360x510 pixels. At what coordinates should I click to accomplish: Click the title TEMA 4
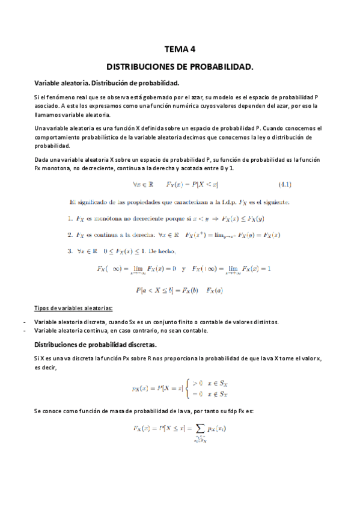point(180,51)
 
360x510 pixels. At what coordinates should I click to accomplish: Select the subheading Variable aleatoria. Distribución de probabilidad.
point(107,83)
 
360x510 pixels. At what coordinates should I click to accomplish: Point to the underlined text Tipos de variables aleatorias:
point(73,308)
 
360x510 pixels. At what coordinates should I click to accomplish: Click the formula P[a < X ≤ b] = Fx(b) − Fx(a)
point(179,291)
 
